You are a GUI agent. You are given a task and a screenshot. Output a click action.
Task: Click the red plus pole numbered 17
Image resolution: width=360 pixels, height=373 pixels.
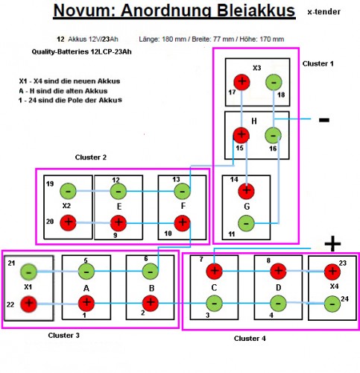click(241, 82)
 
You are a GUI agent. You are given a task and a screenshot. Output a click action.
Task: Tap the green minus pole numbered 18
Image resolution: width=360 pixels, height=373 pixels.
click(274, 82)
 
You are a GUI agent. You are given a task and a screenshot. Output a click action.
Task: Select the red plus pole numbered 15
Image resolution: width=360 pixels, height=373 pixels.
click(241, 135)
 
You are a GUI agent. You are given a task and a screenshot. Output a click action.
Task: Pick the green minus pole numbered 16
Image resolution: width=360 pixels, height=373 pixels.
click(274, 135)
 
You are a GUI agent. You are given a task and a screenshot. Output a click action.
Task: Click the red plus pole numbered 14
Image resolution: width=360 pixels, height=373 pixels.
click(246, 190)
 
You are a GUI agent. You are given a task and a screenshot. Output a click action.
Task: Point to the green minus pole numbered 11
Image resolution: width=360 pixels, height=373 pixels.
click(246, 222)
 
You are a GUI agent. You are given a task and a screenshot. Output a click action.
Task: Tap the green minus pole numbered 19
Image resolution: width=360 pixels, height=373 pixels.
click(68, 191)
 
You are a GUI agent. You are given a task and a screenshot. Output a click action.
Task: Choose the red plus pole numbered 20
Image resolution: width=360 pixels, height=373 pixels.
click(68, 222)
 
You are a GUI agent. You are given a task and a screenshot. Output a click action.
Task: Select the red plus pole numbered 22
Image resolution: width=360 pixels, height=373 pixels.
click(29, 304)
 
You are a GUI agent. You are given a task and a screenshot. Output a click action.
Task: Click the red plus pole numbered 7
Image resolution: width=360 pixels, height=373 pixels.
click(214, 272)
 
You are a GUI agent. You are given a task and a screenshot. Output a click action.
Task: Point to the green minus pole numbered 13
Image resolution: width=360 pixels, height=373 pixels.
click(181, 191)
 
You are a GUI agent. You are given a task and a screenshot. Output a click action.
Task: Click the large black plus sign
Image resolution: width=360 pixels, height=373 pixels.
click(332, 244)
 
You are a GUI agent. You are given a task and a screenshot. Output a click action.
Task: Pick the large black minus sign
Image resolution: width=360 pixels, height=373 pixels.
click(323, 119)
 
